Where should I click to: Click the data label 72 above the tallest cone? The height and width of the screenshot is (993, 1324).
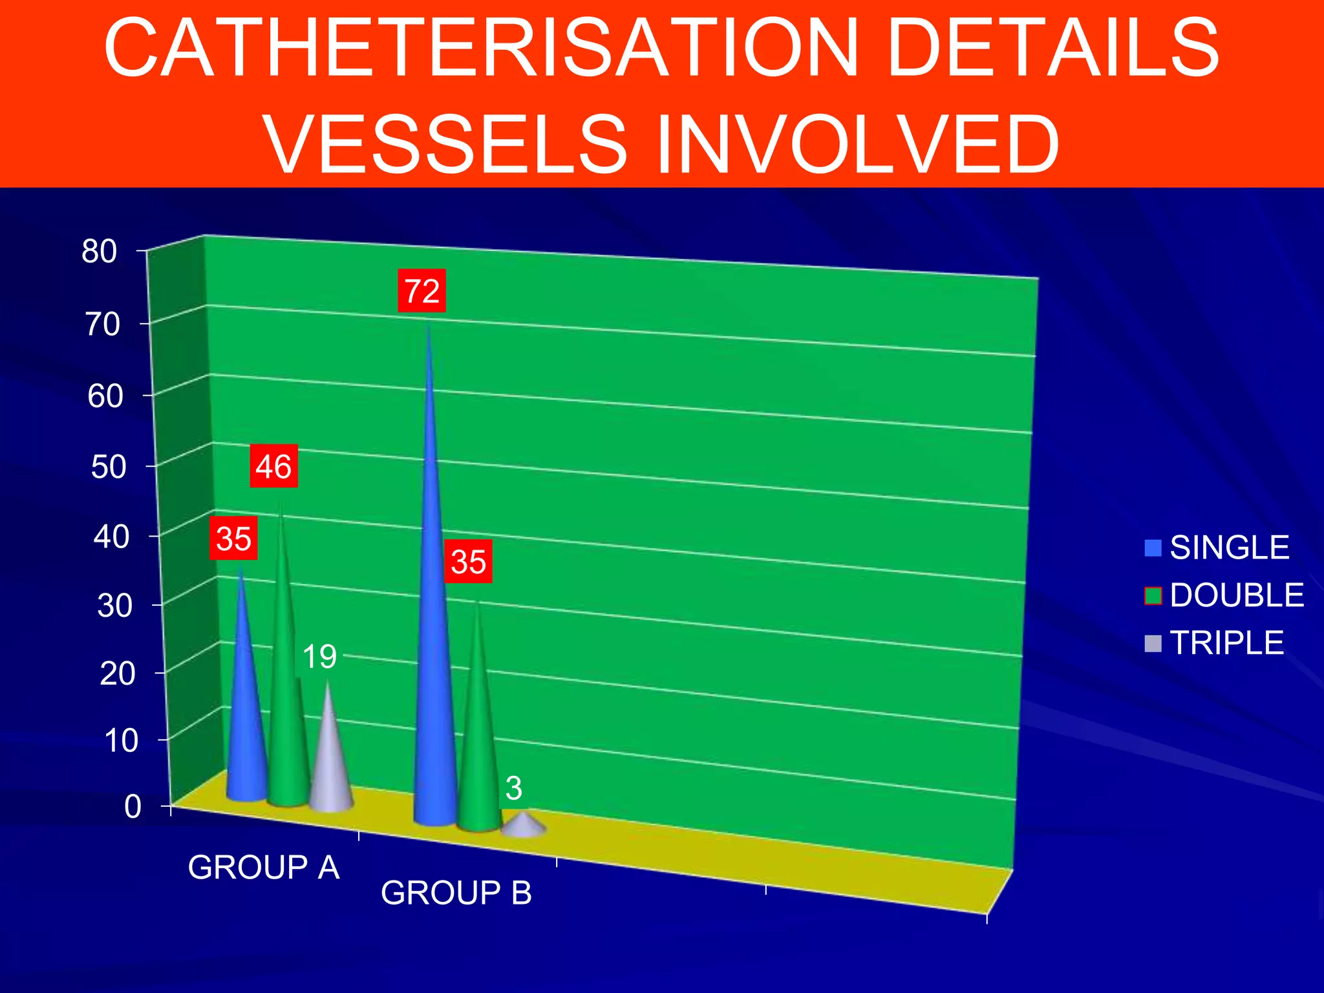422,291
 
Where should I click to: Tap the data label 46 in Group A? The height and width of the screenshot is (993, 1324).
273,466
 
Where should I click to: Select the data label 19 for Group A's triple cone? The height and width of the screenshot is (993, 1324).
319,657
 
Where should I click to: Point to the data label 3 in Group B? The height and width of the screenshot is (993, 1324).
513,788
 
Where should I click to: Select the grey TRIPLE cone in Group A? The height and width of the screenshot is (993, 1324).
330,763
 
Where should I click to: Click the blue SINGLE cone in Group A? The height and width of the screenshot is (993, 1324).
245,724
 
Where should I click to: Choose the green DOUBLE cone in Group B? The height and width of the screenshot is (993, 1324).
478,743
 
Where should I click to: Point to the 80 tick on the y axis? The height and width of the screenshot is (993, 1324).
100,251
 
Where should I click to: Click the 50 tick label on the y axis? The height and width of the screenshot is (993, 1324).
109,467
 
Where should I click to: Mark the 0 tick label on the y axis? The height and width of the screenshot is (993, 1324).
133,807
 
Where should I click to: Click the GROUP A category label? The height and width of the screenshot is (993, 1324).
264,868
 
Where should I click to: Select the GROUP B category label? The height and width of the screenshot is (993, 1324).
456,893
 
